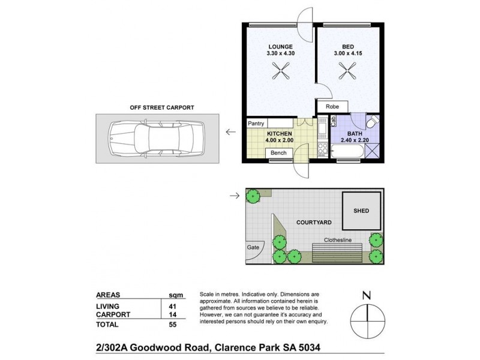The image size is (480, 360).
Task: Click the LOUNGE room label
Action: point(280,47)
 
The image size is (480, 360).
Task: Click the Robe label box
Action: point(332,106)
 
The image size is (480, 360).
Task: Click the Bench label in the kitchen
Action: point(278,154)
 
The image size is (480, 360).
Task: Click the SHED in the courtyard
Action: point(361,211)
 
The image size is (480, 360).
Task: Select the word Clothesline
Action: point(338,240)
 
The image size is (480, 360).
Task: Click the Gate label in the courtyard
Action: point(252,247)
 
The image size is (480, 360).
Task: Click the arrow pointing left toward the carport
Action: point(230,131)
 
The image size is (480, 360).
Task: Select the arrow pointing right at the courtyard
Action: point(234,195)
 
